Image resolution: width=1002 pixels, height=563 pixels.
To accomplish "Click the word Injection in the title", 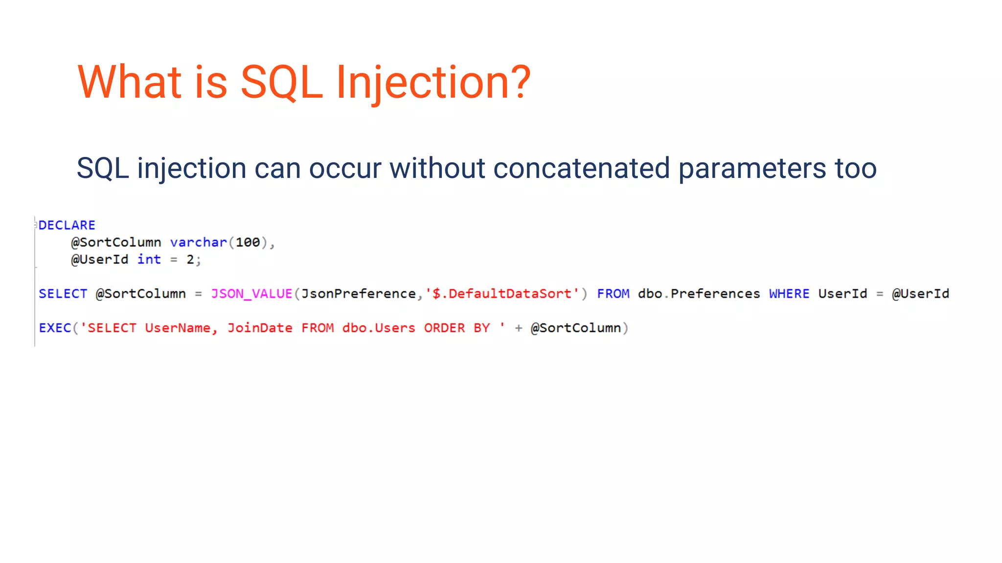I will coord(433,82).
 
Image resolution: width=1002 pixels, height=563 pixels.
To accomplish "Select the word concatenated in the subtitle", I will coord(581,168).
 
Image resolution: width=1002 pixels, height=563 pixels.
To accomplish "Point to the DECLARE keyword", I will coord(67,225).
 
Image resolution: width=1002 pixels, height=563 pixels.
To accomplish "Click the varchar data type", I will coord(198,242).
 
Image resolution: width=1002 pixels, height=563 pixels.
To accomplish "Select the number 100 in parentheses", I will coord(248,242).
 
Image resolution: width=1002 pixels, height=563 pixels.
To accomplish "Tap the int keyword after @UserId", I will coord(149,260).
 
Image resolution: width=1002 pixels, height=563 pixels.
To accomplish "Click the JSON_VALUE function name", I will coord(251,294).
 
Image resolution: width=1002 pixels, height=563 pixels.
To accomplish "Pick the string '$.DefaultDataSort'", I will coord(502,294).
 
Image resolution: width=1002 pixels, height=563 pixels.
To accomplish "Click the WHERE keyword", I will coord(789,294).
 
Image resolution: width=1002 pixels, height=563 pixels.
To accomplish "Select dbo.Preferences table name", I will coord(699,294).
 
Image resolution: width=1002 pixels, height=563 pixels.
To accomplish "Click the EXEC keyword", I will coord(55,328).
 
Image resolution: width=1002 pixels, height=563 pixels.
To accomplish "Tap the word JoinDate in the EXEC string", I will coord(259,328).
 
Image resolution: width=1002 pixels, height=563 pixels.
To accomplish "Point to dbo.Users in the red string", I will coord(378,328).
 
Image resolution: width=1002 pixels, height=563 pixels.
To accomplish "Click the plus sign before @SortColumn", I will coord(519,328).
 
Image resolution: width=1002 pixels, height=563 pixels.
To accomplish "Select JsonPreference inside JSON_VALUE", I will coord(358,294).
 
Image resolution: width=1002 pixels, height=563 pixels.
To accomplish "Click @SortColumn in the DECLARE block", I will coord(116,242).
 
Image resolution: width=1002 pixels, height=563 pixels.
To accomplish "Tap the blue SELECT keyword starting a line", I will coord(63,294).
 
